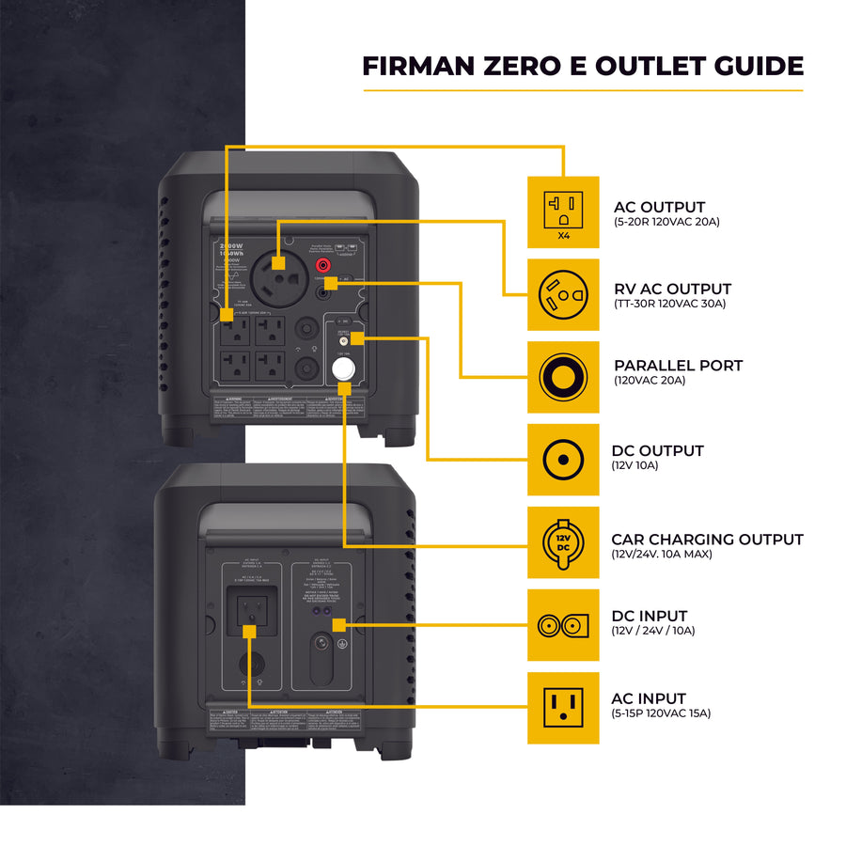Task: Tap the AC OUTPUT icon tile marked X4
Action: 562,212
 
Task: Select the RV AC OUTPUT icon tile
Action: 562,295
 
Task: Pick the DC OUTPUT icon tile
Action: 562,460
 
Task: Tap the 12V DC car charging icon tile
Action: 562,542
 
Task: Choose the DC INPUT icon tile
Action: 562,625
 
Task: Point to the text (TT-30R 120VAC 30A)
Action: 669,304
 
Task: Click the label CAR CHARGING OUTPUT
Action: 707,540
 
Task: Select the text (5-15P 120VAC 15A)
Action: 661,713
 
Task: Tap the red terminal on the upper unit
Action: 325,266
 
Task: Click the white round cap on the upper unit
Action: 345,368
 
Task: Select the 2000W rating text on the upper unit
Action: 231,243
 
